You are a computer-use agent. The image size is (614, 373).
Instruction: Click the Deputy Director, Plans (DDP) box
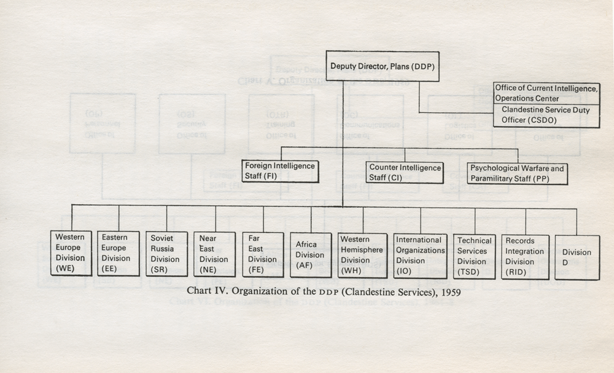(x=383, y=66)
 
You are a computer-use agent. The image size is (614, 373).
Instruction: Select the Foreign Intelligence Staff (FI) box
(x=280, y=171)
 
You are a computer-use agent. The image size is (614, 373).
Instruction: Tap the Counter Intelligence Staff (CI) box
(x=405, y=173)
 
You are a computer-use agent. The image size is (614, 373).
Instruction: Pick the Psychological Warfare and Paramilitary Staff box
(x=517, y=173)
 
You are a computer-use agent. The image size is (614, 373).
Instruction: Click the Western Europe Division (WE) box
(x=71, y=253)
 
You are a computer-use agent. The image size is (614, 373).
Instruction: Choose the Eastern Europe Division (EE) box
(x=119, y=254)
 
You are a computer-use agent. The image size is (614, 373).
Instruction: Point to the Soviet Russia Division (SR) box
(x=166, y=254)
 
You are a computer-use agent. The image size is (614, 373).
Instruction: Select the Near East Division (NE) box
(x=214, y=254)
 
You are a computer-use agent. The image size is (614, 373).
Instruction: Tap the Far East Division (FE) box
(x=263, y=254)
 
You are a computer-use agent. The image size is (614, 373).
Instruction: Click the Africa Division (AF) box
(x=311, y=255)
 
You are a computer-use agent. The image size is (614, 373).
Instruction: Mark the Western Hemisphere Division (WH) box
(x=362, y=256)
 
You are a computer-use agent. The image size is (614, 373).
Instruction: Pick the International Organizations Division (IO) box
(x=420, y=256)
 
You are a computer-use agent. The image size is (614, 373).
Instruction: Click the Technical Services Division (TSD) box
(x=474, y=257)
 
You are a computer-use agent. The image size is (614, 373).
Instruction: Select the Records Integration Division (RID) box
(x=525, y=257)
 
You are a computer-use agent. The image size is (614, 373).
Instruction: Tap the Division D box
(x=577, y=257)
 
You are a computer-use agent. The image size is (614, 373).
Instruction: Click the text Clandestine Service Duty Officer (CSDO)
(x=545, y=115)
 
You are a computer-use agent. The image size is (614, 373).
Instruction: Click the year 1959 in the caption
(x=451, y=293)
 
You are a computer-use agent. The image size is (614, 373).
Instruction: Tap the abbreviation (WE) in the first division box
(x=64, y=269)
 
